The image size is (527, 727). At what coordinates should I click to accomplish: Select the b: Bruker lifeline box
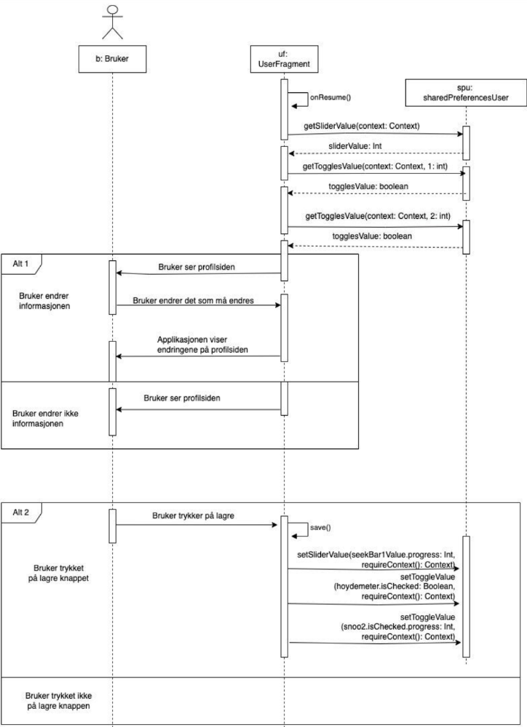113,59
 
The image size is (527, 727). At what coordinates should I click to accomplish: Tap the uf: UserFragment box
285,59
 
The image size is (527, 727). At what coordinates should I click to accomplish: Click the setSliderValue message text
375,560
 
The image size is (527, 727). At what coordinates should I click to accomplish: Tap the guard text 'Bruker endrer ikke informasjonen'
48,418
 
